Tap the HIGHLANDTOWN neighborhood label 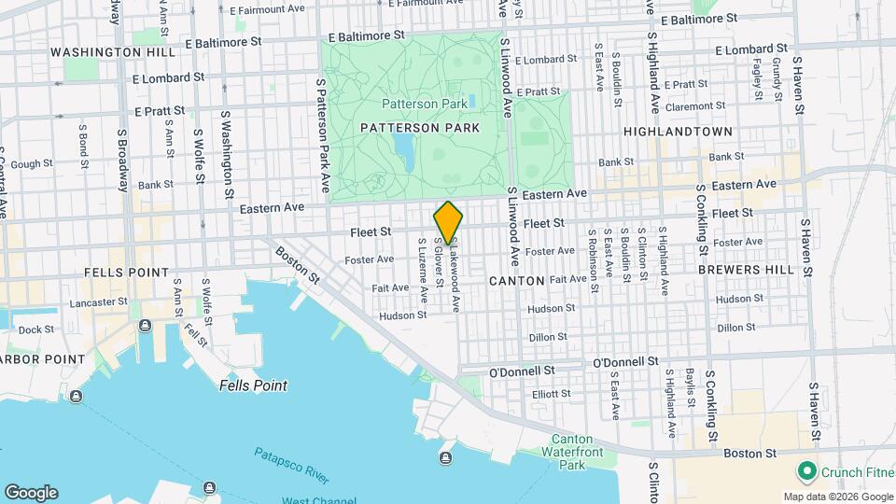point(678,132)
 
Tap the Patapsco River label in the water point(291,465)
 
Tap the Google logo point(31,493)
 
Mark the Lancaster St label point(98,301)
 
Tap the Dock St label point(36,329)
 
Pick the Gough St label point(32,163)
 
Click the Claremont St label point(714,106)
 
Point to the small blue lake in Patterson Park point(404,147)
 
